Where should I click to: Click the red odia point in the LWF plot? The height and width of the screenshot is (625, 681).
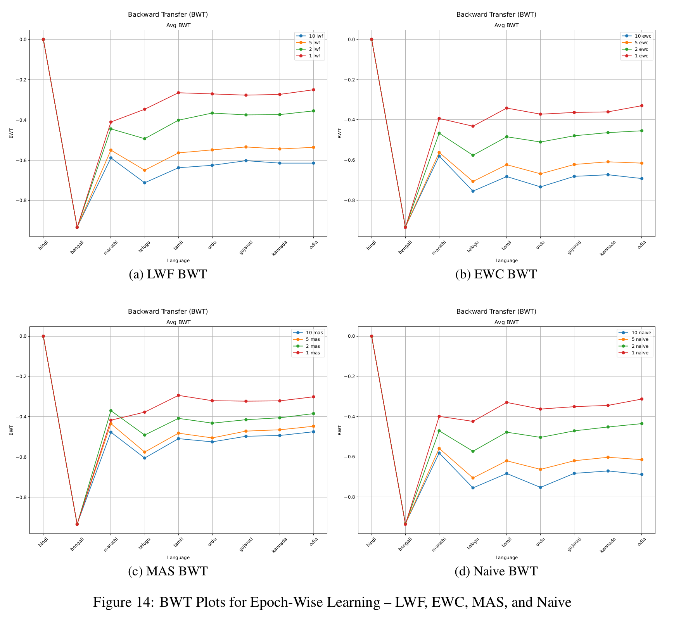[x=313, y=90]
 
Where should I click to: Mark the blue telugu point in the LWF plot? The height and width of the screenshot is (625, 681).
[x=145, y=183]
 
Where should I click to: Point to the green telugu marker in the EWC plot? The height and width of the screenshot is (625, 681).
[x=473, y=155]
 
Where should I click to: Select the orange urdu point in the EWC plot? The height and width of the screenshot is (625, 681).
[x=540, y=174]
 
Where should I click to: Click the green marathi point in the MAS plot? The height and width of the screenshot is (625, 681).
[x=111, y=411]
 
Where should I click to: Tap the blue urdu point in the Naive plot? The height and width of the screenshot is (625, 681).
[x=540, y=487]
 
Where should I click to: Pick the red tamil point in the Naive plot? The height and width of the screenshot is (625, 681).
[x=506, y=402]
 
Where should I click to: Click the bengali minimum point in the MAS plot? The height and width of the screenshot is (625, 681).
[x=77, y=524]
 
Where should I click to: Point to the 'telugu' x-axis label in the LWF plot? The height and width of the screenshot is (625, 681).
[x=144, y=246]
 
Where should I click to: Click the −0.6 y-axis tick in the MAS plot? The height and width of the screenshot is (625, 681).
[x=19, y=457]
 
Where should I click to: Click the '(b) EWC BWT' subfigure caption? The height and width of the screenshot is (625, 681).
[x=496, y=274]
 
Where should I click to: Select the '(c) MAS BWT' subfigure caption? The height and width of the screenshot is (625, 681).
[x=168, y=571]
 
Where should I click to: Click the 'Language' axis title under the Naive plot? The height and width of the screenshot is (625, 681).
[x=506, y=558]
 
